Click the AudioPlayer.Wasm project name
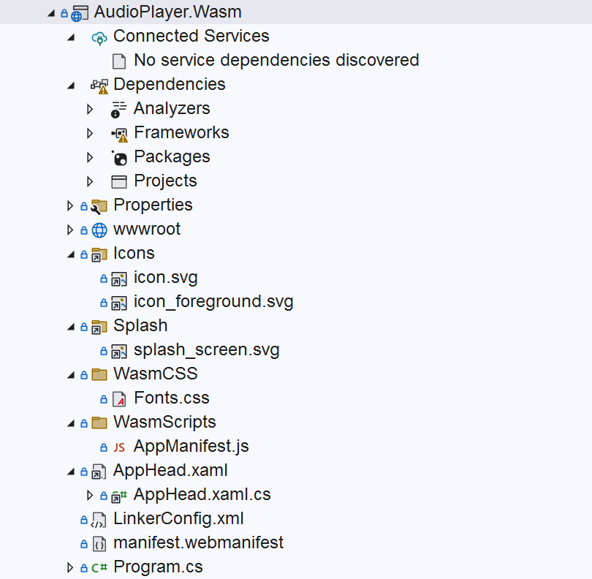point(167,12)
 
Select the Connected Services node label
point(191,36)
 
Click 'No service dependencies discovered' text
point(276,60)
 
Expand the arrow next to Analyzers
point(90,109)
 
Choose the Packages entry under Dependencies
point(172,156)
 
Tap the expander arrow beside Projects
point(90,181)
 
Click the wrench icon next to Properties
point(99,205)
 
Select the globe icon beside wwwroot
point(99,230)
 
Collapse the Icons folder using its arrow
point(71,254)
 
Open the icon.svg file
point(165,277)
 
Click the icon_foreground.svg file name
point(213,301)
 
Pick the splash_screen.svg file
point(206,349)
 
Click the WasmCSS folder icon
point(99,374)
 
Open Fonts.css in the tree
point(171,398)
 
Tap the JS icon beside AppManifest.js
point(119,447)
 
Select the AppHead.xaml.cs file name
point(202,494)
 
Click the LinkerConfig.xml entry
point(178,518)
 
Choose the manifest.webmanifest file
point(198,542)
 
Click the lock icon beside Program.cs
point(83,567)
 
